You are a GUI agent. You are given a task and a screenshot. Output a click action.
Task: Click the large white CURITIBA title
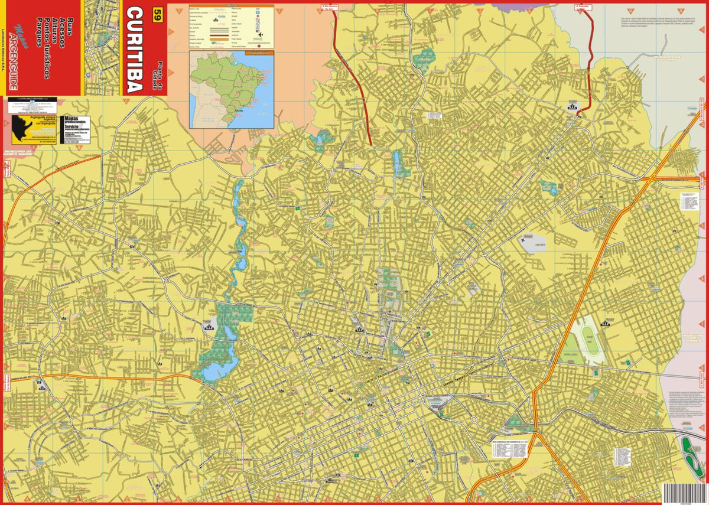[x=135, y=50]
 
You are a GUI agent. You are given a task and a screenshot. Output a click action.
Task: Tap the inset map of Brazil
[x=232, y=89]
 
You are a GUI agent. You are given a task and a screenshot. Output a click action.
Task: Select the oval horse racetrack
[x=587, y=340]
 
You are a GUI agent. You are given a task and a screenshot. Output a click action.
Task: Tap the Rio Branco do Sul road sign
[x=329, y=8]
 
